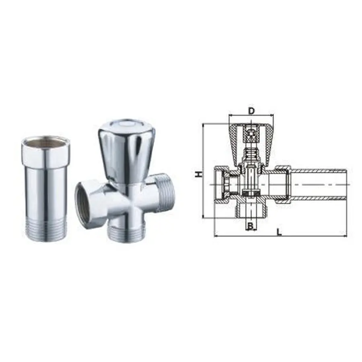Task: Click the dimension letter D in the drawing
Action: (x=251, y=111)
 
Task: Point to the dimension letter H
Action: (x=198, y=174)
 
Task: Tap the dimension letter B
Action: (x=250, y=226)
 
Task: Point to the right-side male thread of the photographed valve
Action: (x=166, y=193)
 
